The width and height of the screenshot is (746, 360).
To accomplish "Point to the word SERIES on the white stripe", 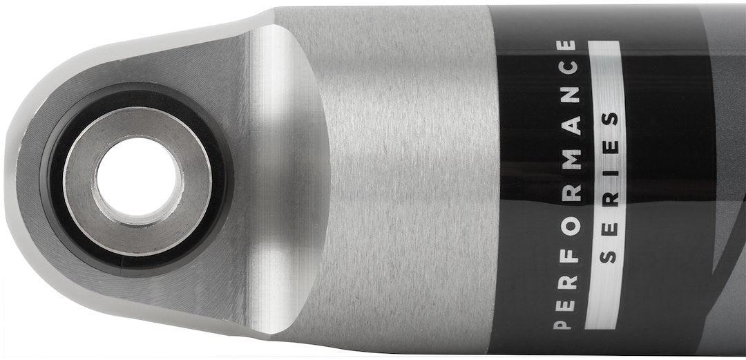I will coord(608,186).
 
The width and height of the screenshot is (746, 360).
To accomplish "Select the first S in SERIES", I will coord(608,257).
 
